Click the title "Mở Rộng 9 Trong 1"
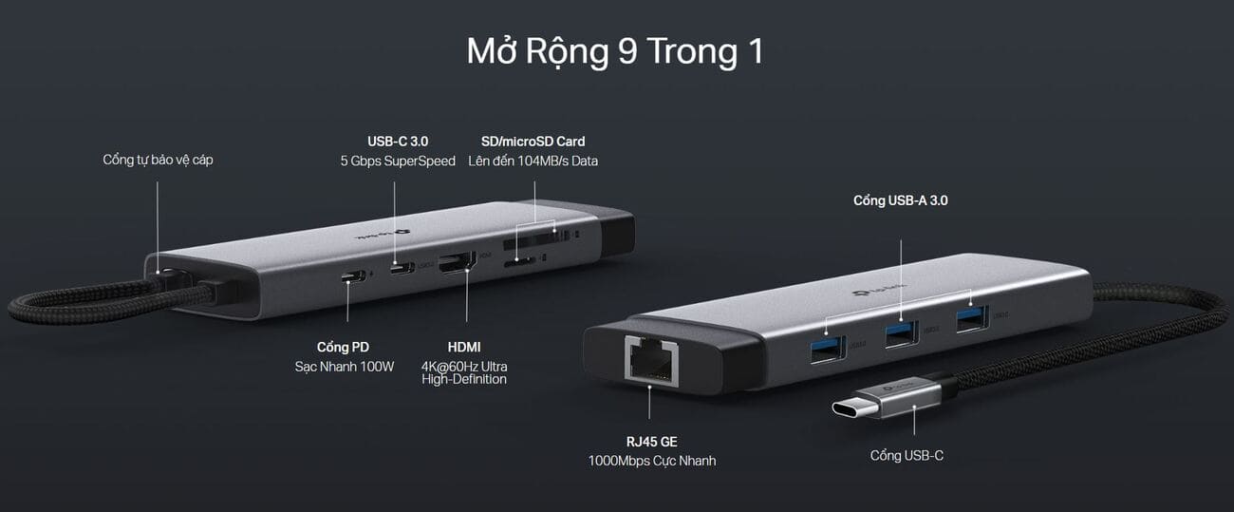coord(615,51)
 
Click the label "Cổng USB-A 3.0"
coord(900,200)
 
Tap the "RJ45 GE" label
coord(651,441)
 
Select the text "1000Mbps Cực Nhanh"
coord(651,461)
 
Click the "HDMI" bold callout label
coord(464,347)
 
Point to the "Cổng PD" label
coord(344,347)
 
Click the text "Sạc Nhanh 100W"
coord(344,367)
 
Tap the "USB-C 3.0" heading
coord(398,142)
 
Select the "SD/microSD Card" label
coord(533,142)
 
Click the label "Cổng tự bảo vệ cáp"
coord(158,160)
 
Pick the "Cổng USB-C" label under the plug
coord(907,456)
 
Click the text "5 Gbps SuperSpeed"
coord(398,161)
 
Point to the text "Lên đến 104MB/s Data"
coord(533,161)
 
